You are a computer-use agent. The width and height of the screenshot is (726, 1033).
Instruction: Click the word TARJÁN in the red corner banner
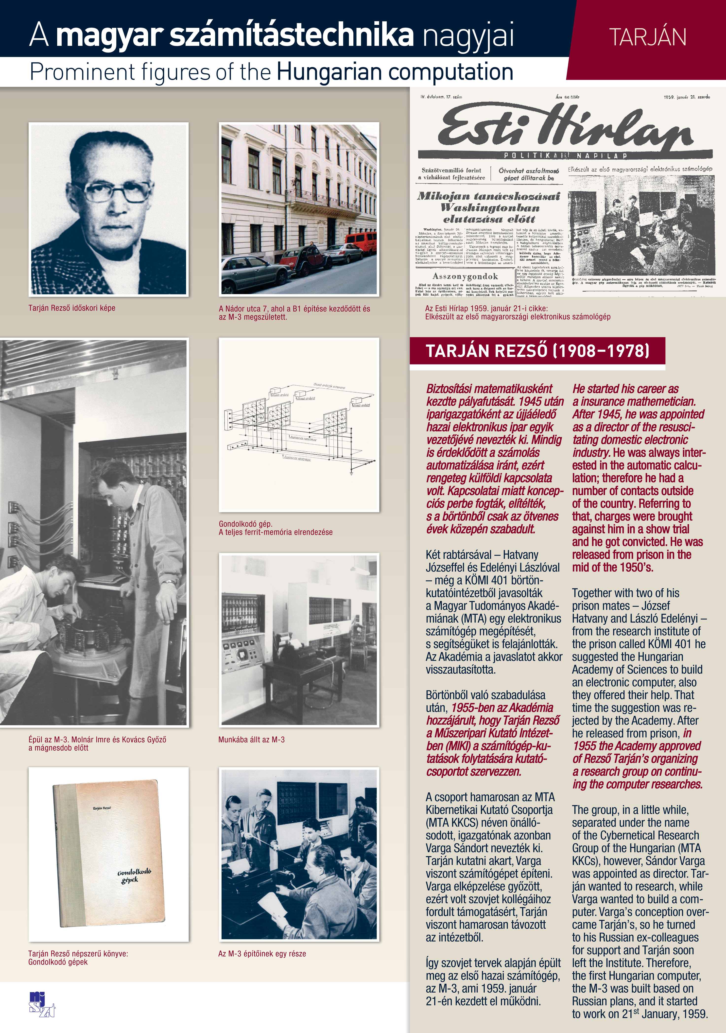coord(647,37)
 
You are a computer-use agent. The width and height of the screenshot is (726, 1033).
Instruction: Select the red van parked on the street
coord(361,243)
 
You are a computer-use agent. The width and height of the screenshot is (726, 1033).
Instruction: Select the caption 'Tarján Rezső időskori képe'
coord(72,308)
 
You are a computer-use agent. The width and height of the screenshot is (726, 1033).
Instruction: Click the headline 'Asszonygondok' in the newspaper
coord(465,276)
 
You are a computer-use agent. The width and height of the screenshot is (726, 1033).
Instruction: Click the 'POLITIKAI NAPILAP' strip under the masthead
coord(565,156)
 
